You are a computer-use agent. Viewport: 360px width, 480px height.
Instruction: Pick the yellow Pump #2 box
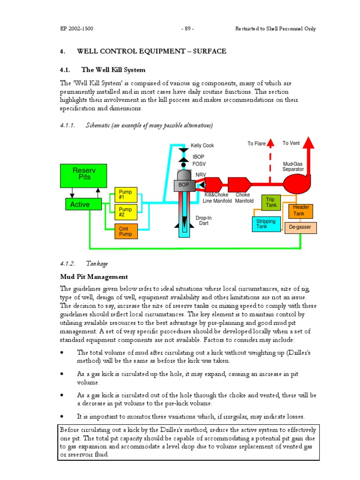(126, 212)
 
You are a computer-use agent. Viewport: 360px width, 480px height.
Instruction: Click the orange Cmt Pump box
(126, 231)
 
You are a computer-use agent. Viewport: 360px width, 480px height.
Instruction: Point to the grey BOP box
(184, 185)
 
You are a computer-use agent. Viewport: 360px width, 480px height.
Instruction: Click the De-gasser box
(300, 228)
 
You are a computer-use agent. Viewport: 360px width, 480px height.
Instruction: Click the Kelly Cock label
(202, 146)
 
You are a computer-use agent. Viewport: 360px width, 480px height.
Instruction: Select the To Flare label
(256, 144)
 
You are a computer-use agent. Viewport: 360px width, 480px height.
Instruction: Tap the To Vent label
(291, 143)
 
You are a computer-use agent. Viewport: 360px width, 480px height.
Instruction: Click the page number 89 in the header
(187, 29)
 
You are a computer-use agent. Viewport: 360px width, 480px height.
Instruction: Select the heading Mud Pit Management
(94, 277)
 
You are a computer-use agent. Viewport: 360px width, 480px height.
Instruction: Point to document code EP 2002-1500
(76, 29)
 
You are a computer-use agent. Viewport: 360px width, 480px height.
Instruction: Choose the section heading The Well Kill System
(113, 70)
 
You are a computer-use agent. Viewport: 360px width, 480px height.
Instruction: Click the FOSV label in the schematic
(199, 164)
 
